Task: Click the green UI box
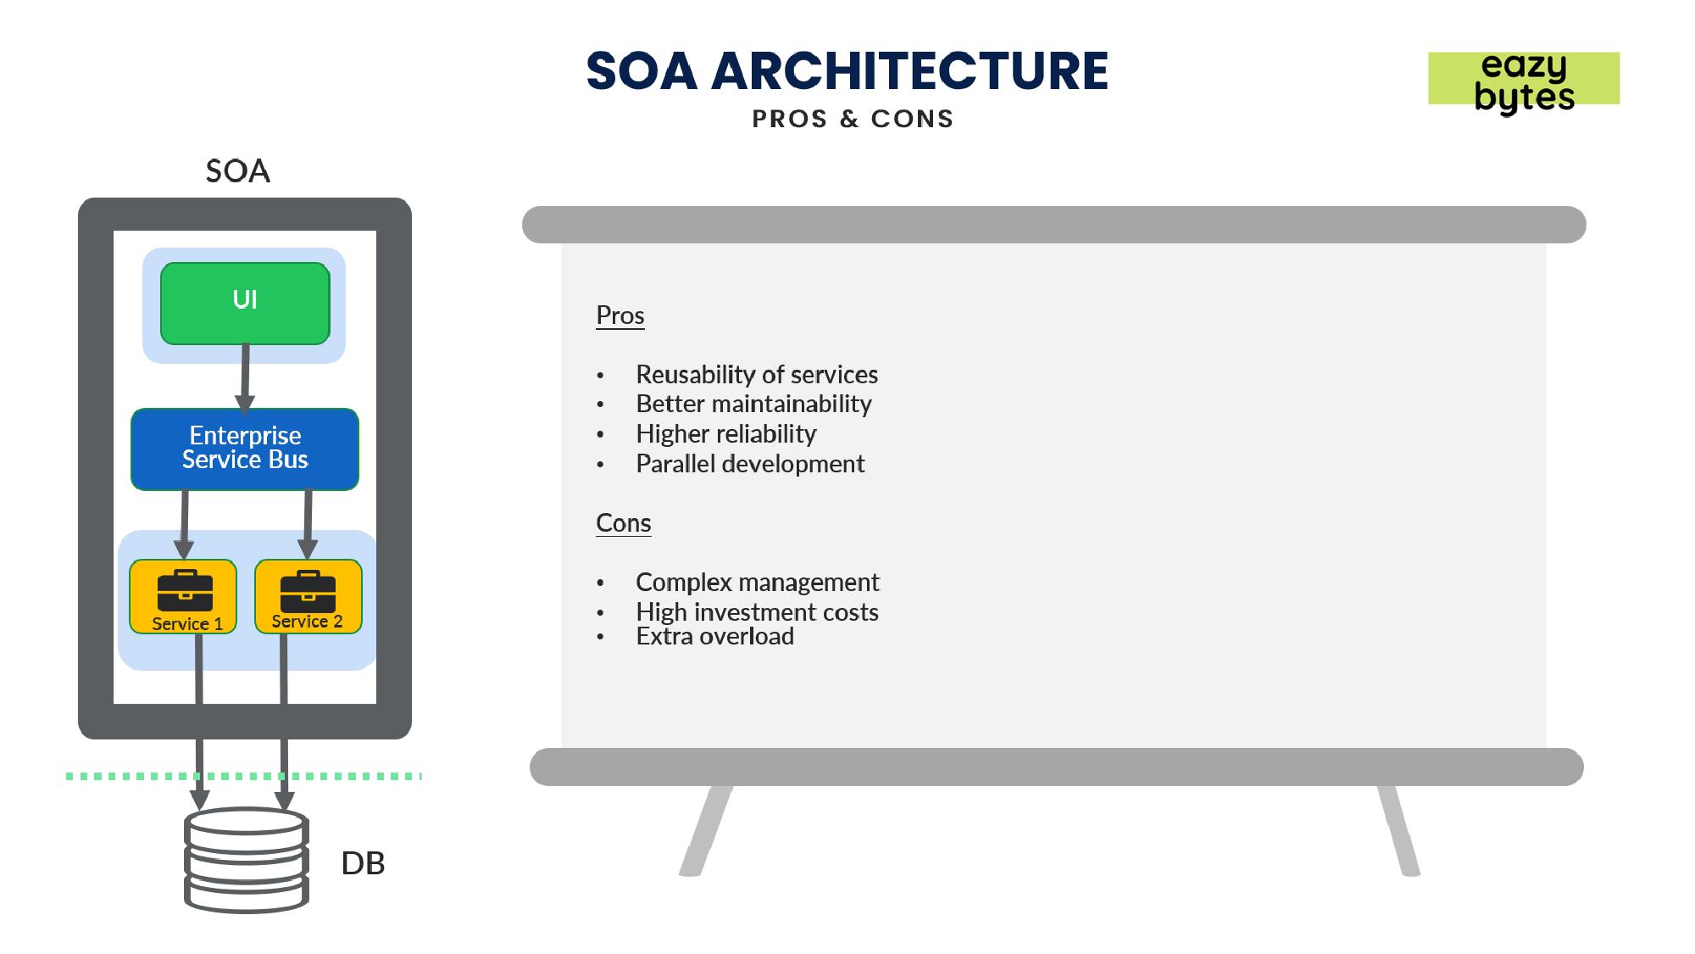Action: tap(245, 303)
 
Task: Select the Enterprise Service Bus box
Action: tap(245, 449)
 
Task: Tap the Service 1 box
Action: tap(183, 596)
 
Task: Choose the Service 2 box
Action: tap(308, 596)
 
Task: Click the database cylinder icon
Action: tap(246, 860)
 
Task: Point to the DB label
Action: tap(363, 863)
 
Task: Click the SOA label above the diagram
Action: tap(238, 171)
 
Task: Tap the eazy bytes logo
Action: tap(1524, 81)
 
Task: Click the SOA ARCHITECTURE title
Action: tap(847, 70)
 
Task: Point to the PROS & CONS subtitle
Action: tap(853, 119)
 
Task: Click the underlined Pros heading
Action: tap(620, 315)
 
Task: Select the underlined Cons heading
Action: tap(624, 523)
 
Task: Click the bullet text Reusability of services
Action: tap(757, 375)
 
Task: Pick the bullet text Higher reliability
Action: tap(726, 434)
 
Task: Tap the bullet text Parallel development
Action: tap(750, 464)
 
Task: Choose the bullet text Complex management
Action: tap(758, 583)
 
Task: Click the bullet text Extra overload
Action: tap(714, 636)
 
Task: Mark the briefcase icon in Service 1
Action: tap(185, 590)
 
